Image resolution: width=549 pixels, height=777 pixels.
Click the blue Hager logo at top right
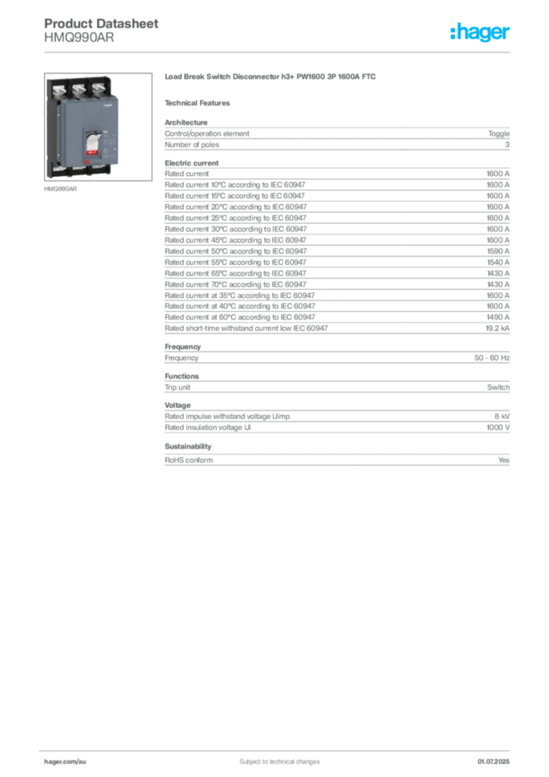click(x=482, y=33)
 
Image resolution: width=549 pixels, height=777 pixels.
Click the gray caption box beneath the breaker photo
click(x=61, y=190)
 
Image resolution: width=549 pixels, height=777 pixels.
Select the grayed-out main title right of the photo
click(x=272, y=78)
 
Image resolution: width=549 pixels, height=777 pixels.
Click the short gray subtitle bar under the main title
click(x=200, y=102)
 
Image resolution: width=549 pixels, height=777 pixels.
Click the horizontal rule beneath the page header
click(x=278, y=52)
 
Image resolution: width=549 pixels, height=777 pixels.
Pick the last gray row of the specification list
click(x=337, y=459)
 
